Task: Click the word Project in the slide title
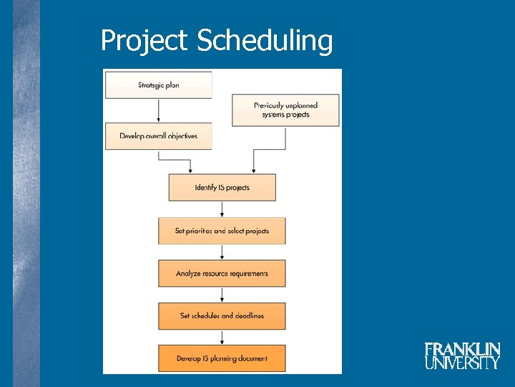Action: point(145,41)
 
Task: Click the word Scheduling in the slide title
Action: point(265,42)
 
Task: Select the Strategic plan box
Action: point(159,85)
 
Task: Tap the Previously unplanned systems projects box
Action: point(285,110)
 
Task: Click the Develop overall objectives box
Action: point(159,136)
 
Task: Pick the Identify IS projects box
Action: point(222,188)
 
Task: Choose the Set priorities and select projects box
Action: point(222,231)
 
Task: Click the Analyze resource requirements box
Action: point(222,273)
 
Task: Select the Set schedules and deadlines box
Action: point(222,315)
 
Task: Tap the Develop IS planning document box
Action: point(222,358)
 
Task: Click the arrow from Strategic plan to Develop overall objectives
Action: point(159,110)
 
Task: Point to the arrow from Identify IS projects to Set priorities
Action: point(222,209)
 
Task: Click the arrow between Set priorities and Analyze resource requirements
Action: point(222,252)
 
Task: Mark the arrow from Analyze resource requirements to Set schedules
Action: point(222,295)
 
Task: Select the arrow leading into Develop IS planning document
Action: point(222,337)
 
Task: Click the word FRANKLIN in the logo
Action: point(462,350)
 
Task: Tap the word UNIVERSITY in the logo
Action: point(462,363)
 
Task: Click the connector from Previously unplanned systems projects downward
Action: point(285,140)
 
